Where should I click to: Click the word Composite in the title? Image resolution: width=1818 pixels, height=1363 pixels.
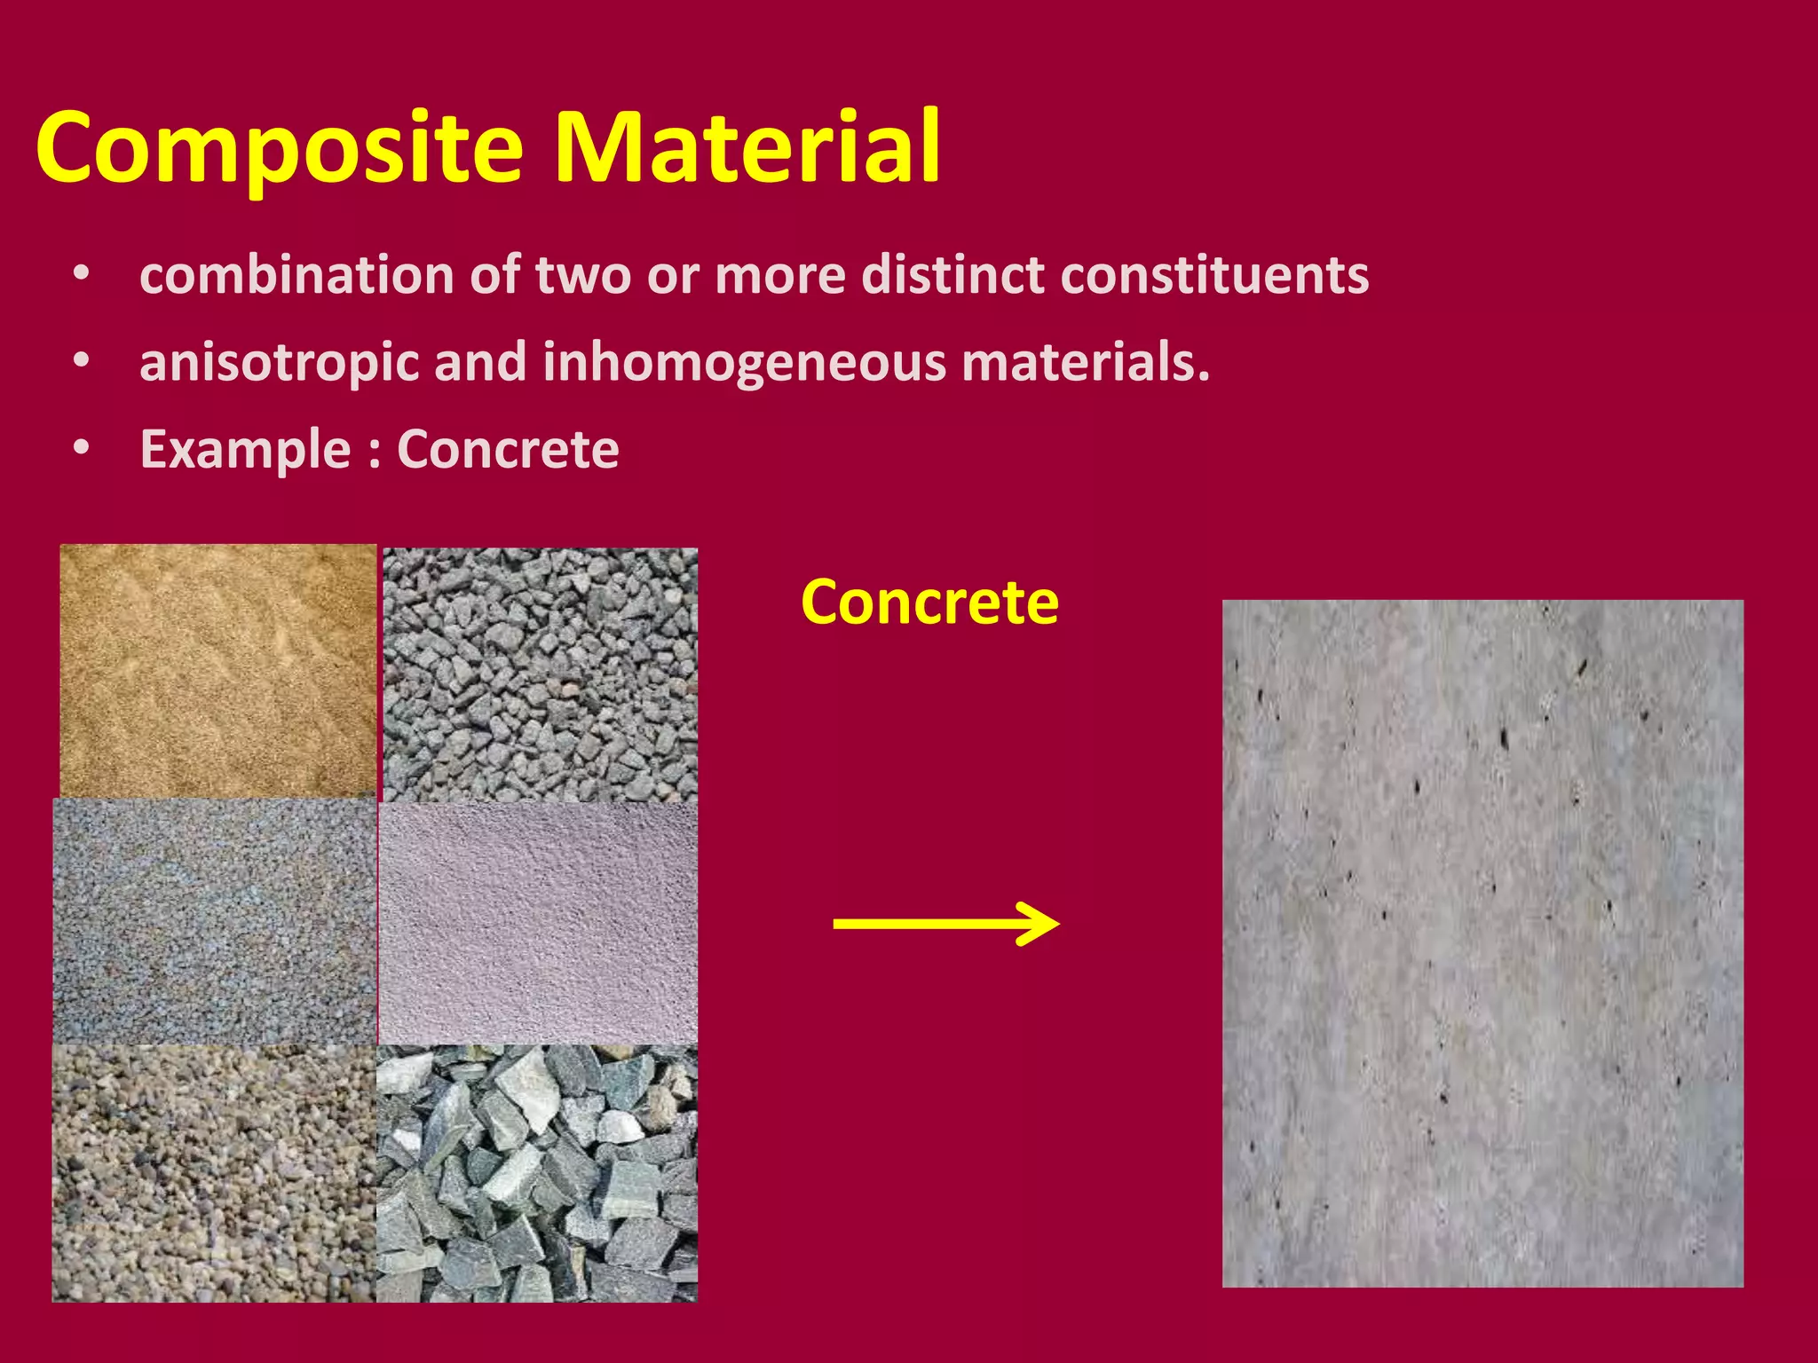click(x=280, y=149)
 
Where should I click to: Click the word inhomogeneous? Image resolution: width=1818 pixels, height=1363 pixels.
click(x=744, y=364)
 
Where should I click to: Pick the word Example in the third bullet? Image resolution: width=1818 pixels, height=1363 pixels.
click(x=245, y=451)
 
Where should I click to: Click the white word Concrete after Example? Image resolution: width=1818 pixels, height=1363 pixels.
click(x=508, y=449)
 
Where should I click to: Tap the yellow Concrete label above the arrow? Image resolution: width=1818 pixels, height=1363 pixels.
click(x=929, y=603)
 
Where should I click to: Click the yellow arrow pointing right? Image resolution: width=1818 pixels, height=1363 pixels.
click(x=946, y=924)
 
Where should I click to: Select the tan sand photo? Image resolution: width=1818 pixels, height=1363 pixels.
click(x=218, y=671)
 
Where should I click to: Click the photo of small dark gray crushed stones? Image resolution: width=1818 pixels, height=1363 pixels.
click(x=540, y=674)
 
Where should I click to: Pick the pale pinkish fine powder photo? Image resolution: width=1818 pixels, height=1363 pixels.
click(x=538, y=923)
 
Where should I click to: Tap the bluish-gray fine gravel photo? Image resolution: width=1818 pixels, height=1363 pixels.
click(x=215, y=921)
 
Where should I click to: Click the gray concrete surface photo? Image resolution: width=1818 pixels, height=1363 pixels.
click(x=1482, y=942)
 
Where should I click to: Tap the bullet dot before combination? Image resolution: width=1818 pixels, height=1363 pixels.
click(x=82, y=275)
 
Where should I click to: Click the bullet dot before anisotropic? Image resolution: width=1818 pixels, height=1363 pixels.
click(x=82, y=362)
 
